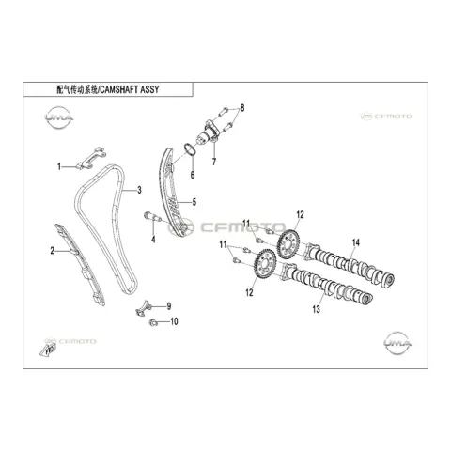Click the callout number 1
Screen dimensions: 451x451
[x=59, y=166]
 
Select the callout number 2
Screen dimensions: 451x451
[x=53, y=251]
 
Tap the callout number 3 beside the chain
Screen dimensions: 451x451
[x=139, y=190]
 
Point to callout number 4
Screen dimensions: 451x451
[x=153, y=240]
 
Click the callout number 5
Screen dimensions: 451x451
[x=194, y=202]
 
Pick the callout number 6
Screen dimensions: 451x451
[x=193, y=175]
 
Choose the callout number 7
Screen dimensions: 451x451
[x=214, y=162]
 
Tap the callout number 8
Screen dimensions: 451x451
[x=242, y=108]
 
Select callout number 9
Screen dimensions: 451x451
[x=169, y=306]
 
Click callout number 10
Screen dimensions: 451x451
[x=174, y=321]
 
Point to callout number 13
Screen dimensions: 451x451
[x=317, y=309]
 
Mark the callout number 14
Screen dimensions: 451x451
[x=356, y=242]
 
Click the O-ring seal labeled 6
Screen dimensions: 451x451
[x=189, y=151]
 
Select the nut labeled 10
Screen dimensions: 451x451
[x=153, y=322]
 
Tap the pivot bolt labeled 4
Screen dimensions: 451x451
[x=152, y=217]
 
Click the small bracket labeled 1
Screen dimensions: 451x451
[x=91, y=158]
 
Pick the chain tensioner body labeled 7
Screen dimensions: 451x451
[x=208, y=133]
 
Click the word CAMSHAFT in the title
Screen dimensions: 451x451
[x=119, y=90]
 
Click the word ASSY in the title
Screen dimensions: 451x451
[x=149, y=90]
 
